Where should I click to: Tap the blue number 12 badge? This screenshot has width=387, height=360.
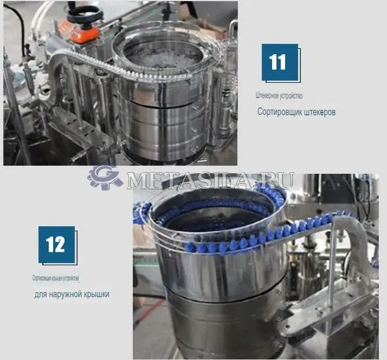click(56, 245)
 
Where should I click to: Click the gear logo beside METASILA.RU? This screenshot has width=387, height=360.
click(105, 178)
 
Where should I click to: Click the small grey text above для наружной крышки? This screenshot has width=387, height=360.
click(55, 278)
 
